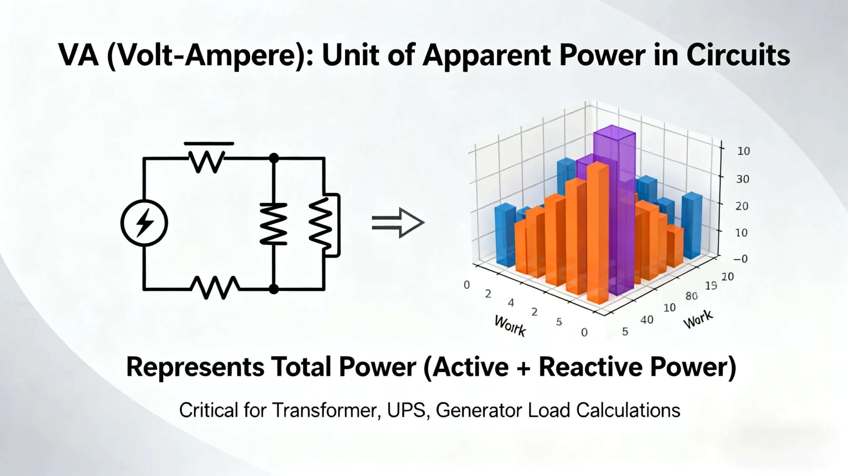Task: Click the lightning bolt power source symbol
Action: coord(144,223)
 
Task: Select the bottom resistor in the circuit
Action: coord(215,287)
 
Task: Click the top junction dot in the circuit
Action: coord(274,158)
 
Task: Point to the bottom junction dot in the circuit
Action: coord(274,289)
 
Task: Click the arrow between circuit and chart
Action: coord(398,223)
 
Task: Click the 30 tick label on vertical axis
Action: coord(742,179)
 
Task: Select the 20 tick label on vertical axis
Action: coord(742,206)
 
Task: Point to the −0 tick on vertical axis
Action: coord(741,259)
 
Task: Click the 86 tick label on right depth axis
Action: coord(691,296)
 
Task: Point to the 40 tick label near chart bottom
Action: coord(647,320)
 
